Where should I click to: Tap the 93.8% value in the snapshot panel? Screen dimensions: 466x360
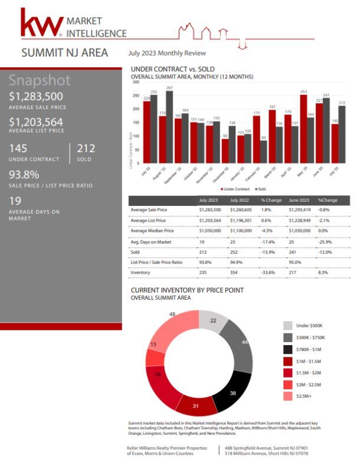24,174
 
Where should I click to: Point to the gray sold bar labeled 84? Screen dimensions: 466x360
264,152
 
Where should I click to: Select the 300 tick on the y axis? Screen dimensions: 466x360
136,82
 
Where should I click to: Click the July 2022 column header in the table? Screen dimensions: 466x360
241,201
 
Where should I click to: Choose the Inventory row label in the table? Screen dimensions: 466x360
142,273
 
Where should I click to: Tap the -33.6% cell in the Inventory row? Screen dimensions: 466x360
269,273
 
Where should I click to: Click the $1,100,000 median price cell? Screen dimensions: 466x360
243,231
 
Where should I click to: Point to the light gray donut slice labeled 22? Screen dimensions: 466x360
213,322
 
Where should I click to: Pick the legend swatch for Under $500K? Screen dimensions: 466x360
287,326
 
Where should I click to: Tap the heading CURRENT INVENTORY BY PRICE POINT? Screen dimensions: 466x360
186,290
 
